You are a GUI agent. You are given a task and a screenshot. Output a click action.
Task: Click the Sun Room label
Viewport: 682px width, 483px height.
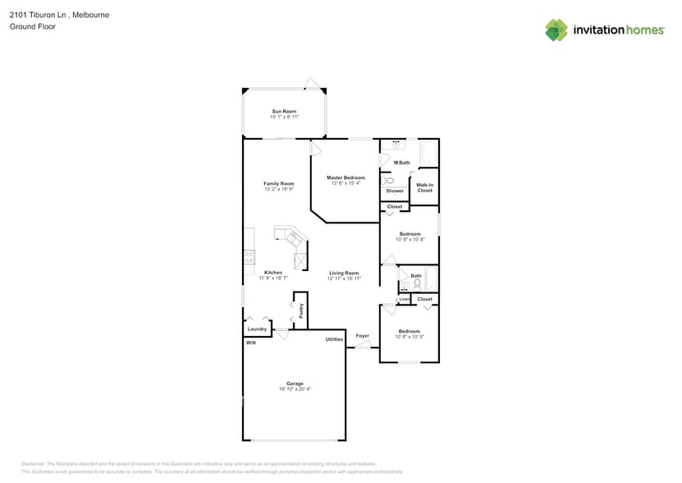click(284, 111)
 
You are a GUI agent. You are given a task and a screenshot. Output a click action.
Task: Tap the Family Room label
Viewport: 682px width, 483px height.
click(279, 183)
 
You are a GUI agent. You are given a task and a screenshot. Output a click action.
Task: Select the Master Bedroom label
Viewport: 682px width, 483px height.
click(346, 177)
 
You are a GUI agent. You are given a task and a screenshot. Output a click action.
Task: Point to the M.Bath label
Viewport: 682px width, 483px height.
click(401, 163)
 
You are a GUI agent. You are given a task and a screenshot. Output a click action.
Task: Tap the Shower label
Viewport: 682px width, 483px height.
click(395, 191)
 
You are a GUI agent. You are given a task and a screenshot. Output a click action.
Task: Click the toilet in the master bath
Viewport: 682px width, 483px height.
click(388, 179)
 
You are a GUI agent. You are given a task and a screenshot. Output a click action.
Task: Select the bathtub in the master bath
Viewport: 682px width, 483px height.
click(429, 153)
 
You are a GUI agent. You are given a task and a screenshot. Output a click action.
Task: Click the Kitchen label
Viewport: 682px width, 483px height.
click(273, 273)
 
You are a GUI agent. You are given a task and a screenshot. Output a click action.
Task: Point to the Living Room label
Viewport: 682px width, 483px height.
click(344, 273)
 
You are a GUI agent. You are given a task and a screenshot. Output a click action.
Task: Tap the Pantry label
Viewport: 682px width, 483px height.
click(301, 311)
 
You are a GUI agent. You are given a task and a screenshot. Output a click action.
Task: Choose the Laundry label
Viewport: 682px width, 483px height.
click(258, 329)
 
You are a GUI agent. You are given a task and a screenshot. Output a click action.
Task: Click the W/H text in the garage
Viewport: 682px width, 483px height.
click(250, 343)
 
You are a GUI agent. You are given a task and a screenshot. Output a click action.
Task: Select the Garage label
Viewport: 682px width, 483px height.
click(295, 384)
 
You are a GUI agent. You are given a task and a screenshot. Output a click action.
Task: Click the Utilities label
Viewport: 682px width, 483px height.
click(334, 338)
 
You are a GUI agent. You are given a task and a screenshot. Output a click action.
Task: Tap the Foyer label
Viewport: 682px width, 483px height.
click(362, 335)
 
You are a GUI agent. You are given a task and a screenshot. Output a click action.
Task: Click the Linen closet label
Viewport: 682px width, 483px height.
click(405, 299)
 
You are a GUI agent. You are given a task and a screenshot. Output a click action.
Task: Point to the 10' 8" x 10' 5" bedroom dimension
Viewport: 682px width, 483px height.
click(410, 337)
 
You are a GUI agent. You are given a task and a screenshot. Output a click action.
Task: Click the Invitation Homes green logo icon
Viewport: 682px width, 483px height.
click(556, 30)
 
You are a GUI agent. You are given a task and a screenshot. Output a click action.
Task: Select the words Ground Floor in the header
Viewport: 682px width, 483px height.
click(28, 26)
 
